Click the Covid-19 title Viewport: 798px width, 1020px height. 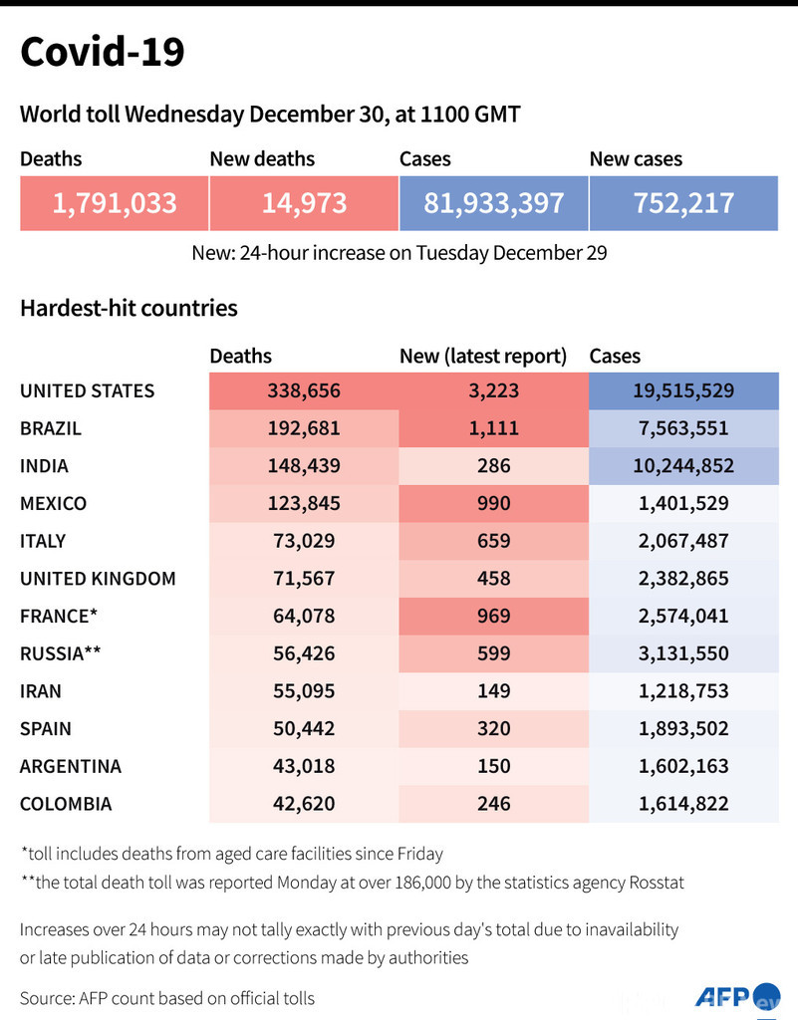[103, 52]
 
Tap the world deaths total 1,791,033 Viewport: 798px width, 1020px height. [115, 203]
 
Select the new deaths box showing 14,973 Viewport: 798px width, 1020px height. [304, 203]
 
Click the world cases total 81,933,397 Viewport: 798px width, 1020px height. [493, 203]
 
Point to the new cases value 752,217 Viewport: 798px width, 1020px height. [683, 203]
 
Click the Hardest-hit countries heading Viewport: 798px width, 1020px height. [129, 308]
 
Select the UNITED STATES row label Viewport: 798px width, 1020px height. [88, 390]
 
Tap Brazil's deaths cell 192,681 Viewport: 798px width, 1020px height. [303, 428]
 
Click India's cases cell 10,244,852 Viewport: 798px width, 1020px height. [683, 465]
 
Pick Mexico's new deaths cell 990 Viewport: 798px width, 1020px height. [493, 503]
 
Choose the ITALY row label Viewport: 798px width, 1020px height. [43, 541]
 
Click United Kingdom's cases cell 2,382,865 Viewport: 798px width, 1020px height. [683, 578]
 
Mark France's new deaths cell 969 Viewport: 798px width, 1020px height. [493, 616]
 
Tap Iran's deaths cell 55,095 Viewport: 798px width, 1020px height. [303, 690]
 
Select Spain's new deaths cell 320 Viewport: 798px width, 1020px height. [493, 728]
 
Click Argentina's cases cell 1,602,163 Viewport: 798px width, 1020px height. [683, 766]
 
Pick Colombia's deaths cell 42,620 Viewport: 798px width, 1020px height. [303, 804]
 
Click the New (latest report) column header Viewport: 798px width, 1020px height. [483, 356]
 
